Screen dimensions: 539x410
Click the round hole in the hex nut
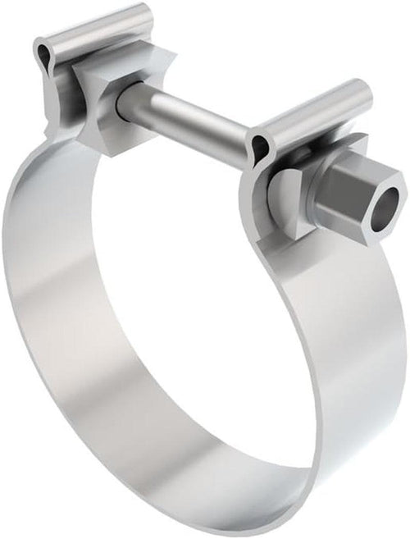(x=388, y=199)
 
